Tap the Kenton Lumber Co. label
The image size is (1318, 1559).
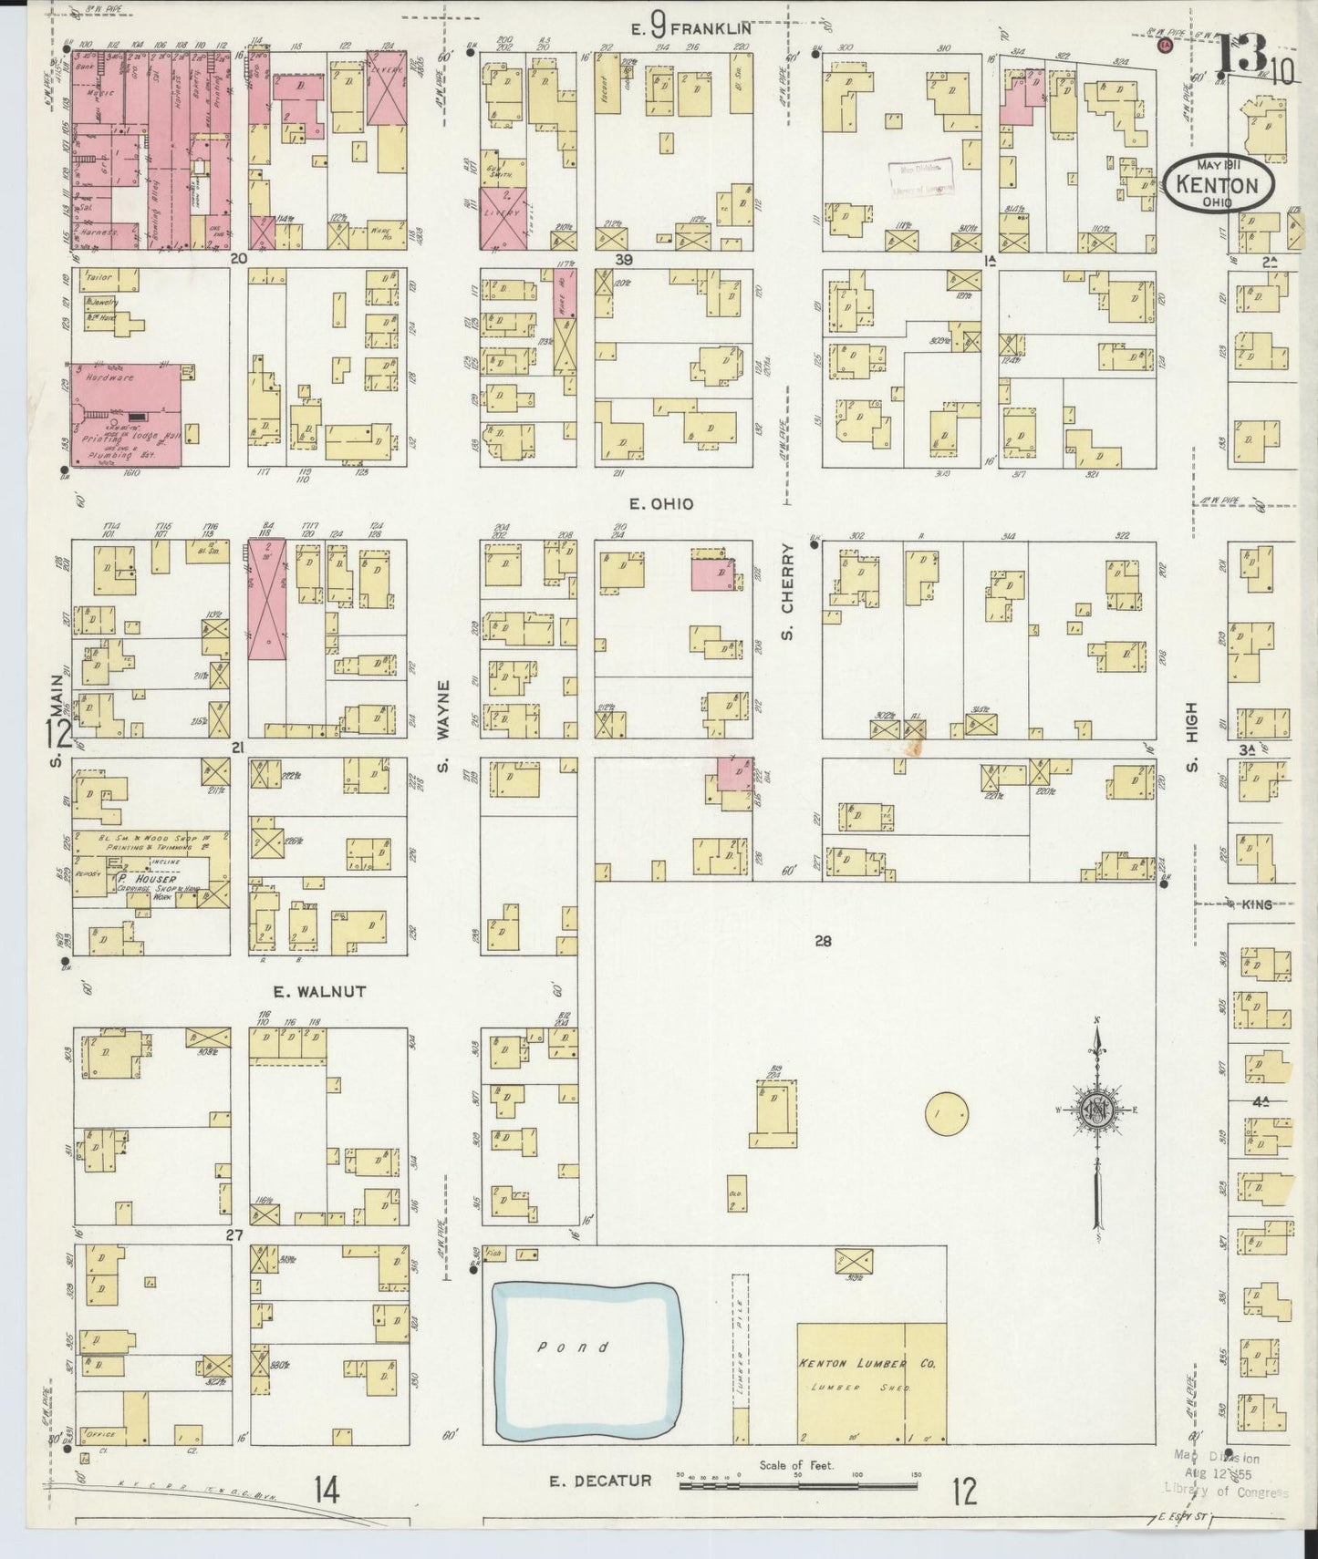click(867, 1364)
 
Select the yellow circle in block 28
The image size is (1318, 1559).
click(946, 1112)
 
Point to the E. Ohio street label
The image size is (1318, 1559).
click(661, 504)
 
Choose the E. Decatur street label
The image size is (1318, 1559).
click(600, 1480)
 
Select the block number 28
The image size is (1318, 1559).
click(823, 942)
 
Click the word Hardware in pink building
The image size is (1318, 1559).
click(109, 377)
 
